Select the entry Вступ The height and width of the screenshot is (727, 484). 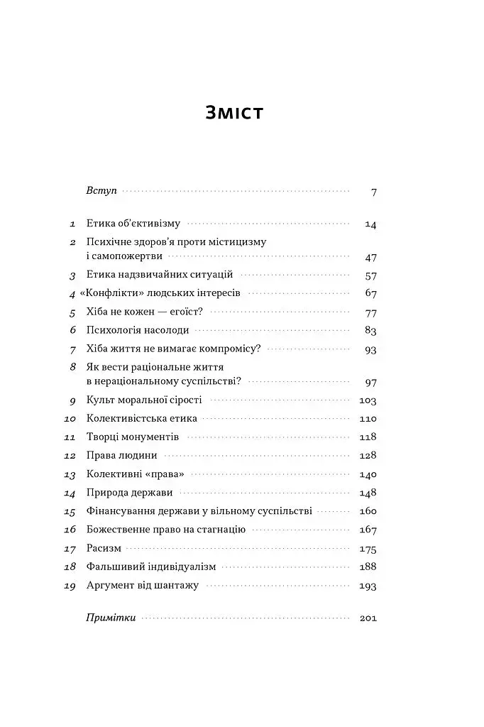coord(101,192)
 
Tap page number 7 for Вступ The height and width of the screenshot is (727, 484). coord(373,192)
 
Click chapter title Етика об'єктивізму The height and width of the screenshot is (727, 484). coord(134,224)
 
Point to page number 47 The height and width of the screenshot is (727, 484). coord(370,258)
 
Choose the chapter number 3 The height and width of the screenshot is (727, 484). coord(72,275)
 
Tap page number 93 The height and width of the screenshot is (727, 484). coord(370,349)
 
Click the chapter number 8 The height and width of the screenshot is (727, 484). coord(72,367)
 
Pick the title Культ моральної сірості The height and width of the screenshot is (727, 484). coord(144,400)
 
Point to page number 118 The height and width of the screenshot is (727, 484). coord(368,437)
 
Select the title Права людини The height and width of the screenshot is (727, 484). coord(121,455)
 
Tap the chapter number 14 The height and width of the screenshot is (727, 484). coord(70,493)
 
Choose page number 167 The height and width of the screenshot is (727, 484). coord(368,530)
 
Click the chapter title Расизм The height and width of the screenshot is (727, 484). coord(104,548)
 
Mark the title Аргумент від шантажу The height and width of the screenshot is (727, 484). coord(142,586)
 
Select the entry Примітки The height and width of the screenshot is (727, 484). coord(110,618)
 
